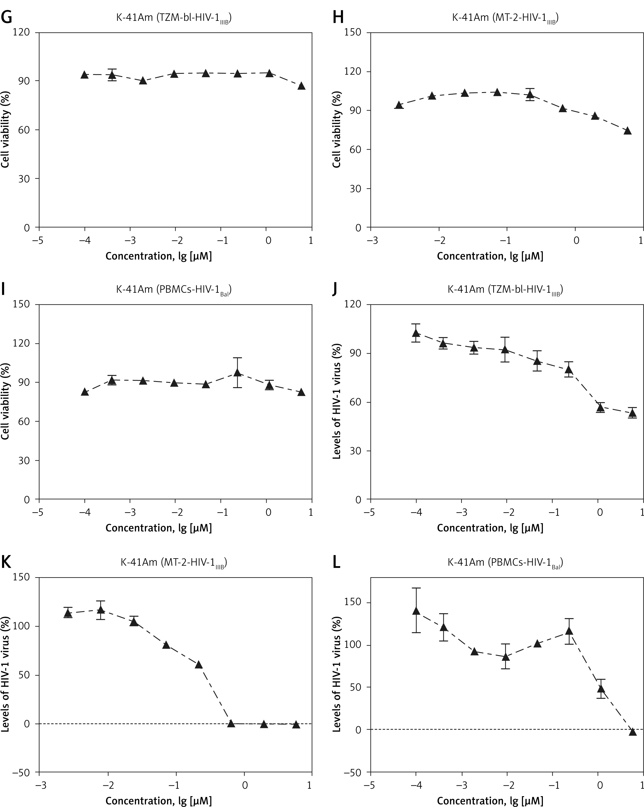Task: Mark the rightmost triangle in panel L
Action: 633,732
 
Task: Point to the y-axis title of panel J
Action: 337,401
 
